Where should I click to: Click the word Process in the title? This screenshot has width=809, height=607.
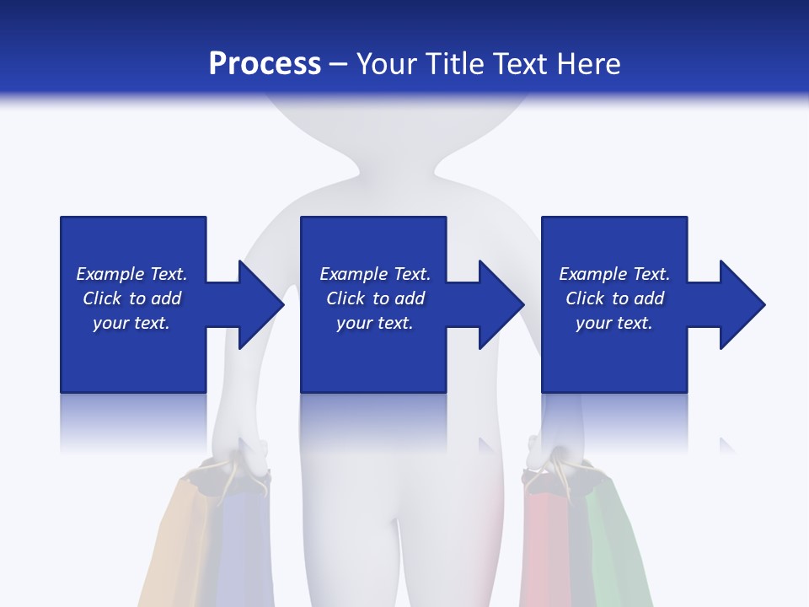265,64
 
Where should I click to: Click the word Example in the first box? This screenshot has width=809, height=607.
110,274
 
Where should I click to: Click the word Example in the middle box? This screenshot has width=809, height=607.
353,274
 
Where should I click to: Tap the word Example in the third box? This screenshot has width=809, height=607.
592,274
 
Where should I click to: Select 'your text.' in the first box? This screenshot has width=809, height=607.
131,323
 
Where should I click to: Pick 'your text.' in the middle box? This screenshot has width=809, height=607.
375,323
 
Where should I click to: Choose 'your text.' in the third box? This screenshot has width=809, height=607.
614,323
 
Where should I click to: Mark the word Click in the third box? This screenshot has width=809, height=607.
586,298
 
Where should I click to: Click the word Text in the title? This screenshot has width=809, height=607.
521,64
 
